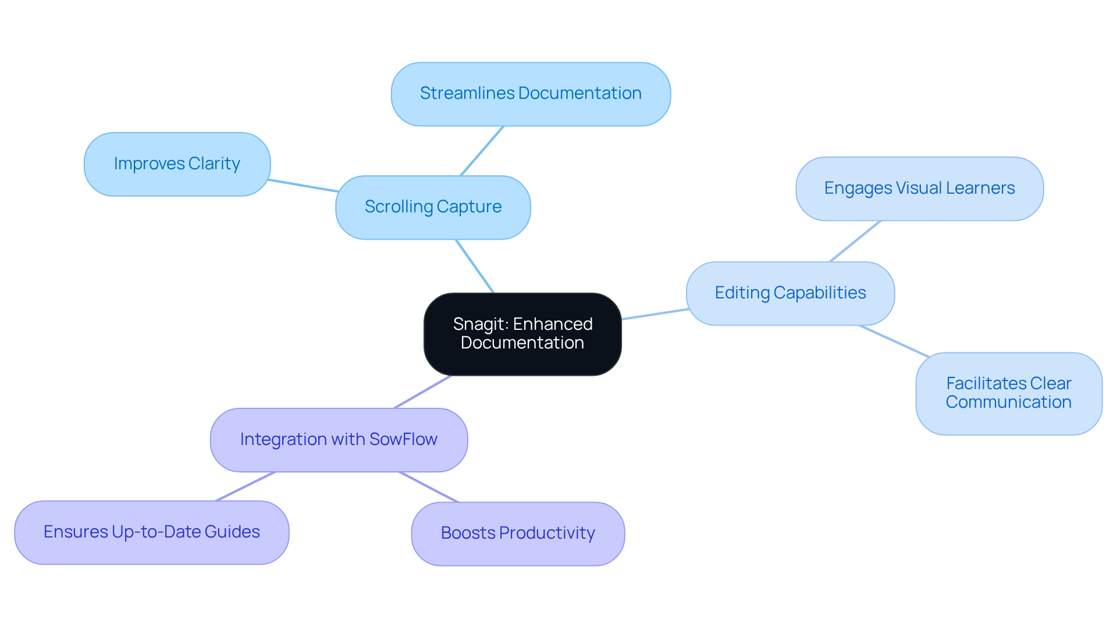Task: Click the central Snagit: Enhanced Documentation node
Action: [x=522, y=334]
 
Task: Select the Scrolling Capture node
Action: [x=433, y=207]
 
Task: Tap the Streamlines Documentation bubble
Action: [x=531, y=94]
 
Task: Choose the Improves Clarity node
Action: [x=177, y=164]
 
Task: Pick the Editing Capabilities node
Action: [x=790, y=293]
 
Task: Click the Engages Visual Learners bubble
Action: [x=919, y=188]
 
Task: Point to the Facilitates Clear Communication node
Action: [x=1008, y=393]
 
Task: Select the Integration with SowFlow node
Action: [x=339, y=440]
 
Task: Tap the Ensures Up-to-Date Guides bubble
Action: [x=151, y=532]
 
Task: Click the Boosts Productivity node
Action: [x=518, y=533]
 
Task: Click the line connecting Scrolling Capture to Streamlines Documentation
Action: [x=482, y=151]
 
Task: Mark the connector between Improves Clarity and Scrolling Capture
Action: [x=303, y=186]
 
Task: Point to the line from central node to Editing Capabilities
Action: [x=654, y=314]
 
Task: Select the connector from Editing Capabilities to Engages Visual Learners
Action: [x=855, y=241]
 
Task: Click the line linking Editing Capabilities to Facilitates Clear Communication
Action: [x=894, y=341]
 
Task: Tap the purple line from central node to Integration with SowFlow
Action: [x=422, y=391]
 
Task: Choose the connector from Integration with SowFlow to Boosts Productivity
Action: [x=429, y=487]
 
